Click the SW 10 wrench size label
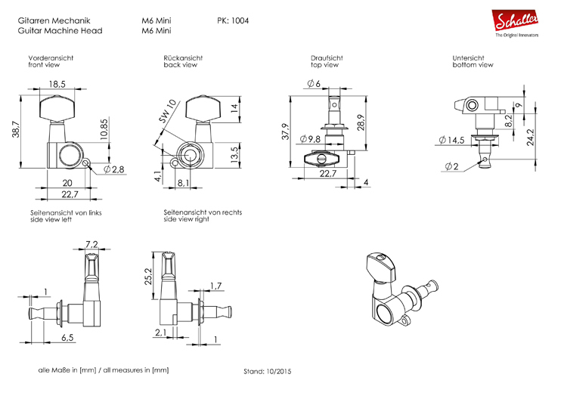click(168, 111)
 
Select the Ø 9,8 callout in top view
click(310, 139)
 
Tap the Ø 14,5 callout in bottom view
click(452, 140)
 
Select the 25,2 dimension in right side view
click(147, 277)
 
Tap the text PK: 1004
click(233, 20)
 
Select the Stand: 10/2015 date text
click(267, 372)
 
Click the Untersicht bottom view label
click(472, 62)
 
